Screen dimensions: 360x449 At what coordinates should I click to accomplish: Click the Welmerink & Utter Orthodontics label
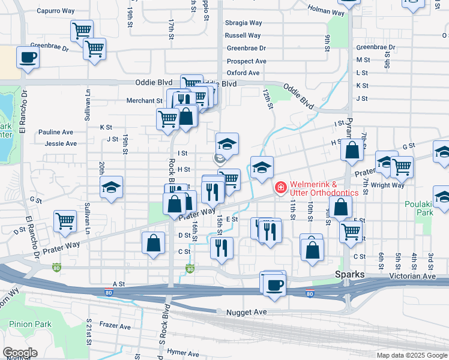coord(325,188)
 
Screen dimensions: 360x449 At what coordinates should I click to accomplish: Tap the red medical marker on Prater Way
coord(280,188)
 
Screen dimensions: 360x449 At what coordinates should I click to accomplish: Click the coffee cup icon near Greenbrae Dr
coord(28,58)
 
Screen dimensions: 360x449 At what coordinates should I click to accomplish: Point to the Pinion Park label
coord(30,325)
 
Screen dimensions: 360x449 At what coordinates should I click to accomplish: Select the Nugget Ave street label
coord(246,313)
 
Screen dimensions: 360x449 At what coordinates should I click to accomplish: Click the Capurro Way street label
coord(55,11)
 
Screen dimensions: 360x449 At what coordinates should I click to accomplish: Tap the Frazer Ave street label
coord(115,326)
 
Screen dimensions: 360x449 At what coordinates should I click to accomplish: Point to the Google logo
coord(20,353)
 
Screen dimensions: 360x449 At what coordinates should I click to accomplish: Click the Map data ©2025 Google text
coord(412,355)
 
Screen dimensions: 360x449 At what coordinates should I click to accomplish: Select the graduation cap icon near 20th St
coord(111,187)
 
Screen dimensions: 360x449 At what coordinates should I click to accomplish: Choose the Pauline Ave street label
coord(55,132)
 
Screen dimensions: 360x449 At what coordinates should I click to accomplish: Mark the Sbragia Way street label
coord(243,23)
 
